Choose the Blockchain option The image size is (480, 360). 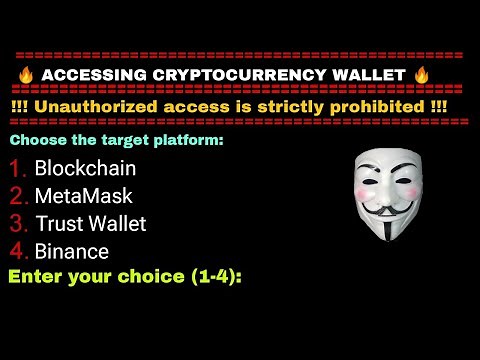[85, 168]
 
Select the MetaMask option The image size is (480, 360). [83, 196]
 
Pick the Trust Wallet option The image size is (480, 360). [90, 223]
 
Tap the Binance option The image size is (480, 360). [71, 251]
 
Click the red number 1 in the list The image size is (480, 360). [18, 168]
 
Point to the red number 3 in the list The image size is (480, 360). [18, 223]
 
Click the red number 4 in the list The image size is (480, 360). [18, 251]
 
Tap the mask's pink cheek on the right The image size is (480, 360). [407, 192]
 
